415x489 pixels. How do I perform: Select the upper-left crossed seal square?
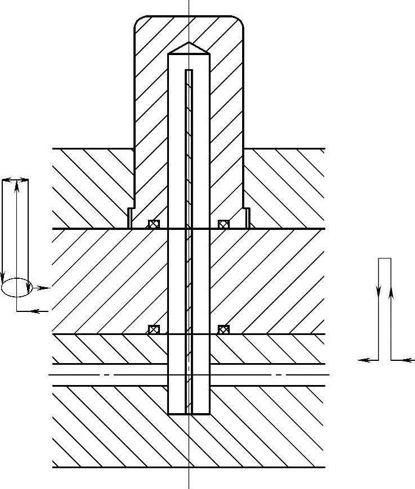click(x=154, y=224)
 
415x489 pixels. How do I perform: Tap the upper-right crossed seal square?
click(x=224, y=224)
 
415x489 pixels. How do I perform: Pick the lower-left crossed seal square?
click(x=154, y=329)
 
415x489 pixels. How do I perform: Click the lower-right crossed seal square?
click(x=224, y=329)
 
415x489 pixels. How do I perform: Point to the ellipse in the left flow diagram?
click(x=15, y=287)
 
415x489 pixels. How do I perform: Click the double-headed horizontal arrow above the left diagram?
click(x=15, y=180)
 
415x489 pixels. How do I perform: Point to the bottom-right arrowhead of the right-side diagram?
click(x=409, y=360)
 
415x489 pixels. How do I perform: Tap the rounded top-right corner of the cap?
click(x=239, y=21)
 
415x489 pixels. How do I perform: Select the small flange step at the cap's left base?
click(x=130, y=218)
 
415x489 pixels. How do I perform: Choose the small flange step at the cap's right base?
click(x=247, y=218)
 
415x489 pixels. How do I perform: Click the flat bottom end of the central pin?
click(x=189, y=414)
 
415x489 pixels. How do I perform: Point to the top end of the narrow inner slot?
click(x=189, y=70)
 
